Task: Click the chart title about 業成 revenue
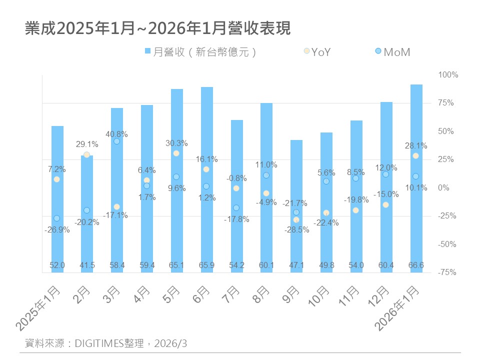tap(157, 28)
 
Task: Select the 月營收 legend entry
tap(200, 52)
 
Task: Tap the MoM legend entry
tap(392, 52)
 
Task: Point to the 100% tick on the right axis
tap(448, 75)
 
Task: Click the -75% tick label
tap(448, 272)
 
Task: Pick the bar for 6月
tap(206, 180)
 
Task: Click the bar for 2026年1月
tap(416, 178)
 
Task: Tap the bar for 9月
tap(296, 206)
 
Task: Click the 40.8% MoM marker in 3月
tap(116, 141)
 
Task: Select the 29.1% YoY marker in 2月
tap(86, 154)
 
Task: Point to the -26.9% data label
tap(57, 230)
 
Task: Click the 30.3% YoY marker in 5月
tap(176, 153)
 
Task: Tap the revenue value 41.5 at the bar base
tap(87, 265)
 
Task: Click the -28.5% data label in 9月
tap(296, 230)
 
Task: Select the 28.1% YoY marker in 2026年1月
tap(415, 156)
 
